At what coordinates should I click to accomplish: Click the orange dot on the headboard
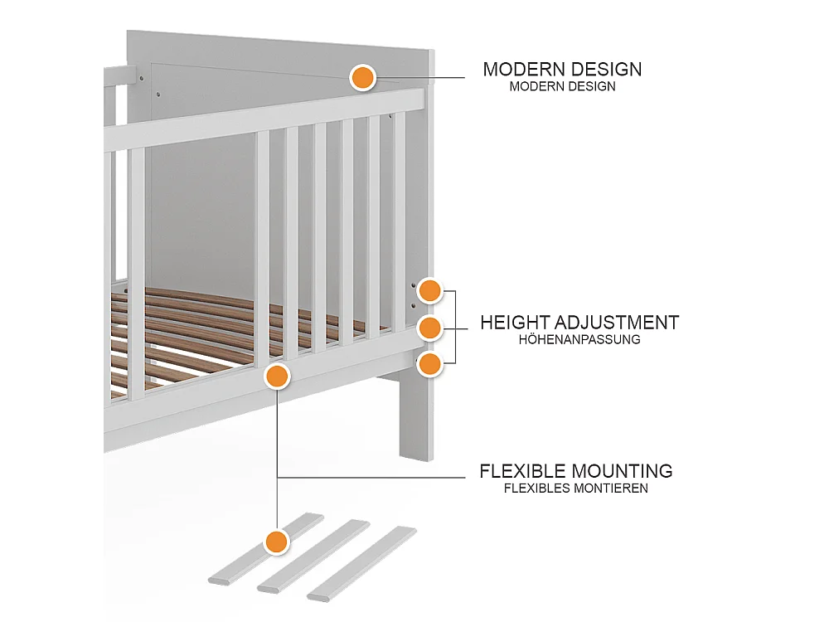[x=363, y=78]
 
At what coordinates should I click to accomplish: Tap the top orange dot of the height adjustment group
[x=429, y=290]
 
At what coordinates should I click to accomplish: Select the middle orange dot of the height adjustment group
[x=429, y=328]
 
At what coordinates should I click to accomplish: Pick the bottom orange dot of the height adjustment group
[x=429, y=364]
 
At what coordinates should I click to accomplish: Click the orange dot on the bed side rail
[x=277, y=377]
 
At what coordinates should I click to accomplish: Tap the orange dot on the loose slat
[x=277, y=542]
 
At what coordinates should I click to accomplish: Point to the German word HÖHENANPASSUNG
[x=579, y=339]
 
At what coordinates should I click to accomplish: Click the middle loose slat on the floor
[x=313, y=556]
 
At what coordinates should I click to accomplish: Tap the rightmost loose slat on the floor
[x=361, y=563]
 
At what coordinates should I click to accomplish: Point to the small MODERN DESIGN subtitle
[x=563, y=87]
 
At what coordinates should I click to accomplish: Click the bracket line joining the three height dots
[x=454, y=327]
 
